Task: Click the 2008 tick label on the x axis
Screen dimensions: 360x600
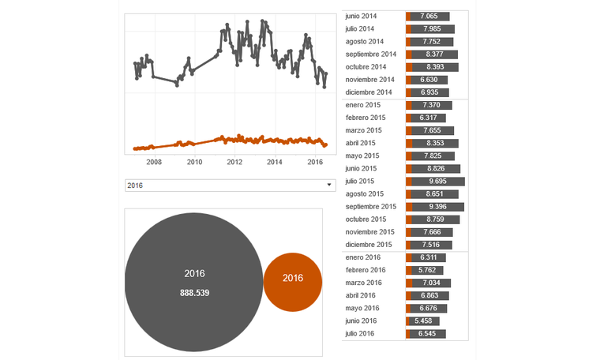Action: tap(154, 162)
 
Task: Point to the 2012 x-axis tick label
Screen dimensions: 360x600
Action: tap(234, 162)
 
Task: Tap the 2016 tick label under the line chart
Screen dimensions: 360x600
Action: tap(315, 162)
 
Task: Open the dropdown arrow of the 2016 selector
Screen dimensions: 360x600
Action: tap(328, 185)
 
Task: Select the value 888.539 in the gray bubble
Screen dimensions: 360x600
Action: tap(194, 292)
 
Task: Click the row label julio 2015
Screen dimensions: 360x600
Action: tap(364, 181)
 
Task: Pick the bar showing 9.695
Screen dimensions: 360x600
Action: tap(436, 181)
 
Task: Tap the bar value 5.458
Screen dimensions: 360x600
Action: tap(427, 321)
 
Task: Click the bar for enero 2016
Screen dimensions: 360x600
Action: tap(427, 257)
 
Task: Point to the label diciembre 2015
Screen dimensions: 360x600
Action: tap(369, 245)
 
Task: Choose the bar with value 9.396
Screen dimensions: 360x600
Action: tap(436, 207)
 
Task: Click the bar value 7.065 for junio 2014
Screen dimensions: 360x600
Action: tap(429, 16)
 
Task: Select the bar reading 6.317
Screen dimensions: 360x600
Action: tap(427, 118)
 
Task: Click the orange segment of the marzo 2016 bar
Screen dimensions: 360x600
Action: tap(408, 283)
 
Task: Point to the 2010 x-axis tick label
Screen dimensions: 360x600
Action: tap(194, 162)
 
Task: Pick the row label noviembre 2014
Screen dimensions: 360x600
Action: tap(369, 80)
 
